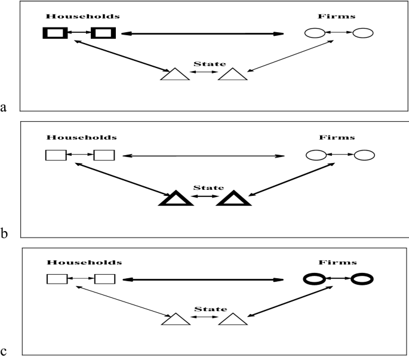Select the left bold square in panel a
point(53,33)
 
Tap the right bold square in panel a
point(103,33)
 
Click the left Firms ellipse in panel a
point(315,33)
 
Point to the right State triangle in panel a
point(232,74)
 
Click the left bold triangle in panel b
point(176,198)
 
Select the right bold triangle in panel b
point(233,198)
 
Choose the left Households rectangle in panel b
point(56,156)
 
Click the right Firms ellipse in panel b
point(364,156)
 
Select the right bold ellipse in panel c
point(363,279)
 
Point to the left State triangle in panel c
point(176,320)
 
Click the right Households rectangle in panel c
point(104,279)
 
